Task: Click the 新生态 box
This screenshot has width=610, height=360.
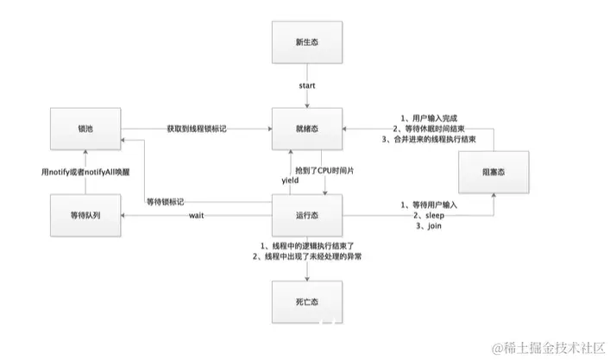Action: click(x=306, y=41)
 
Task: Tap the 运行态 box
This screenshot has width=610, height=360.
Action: click(x=306, y=213)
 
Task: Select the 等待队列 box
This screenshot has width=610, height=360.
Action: click(x=85, y=213)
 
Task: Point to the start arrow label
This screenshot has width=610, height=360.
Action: click(x=306, y=85)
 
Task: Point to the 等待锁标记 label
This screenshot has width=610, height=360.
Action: click(x=167, y=200)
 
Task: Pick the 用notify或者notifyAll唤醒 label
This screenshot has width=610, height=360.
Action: click(x=85, y=171)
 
